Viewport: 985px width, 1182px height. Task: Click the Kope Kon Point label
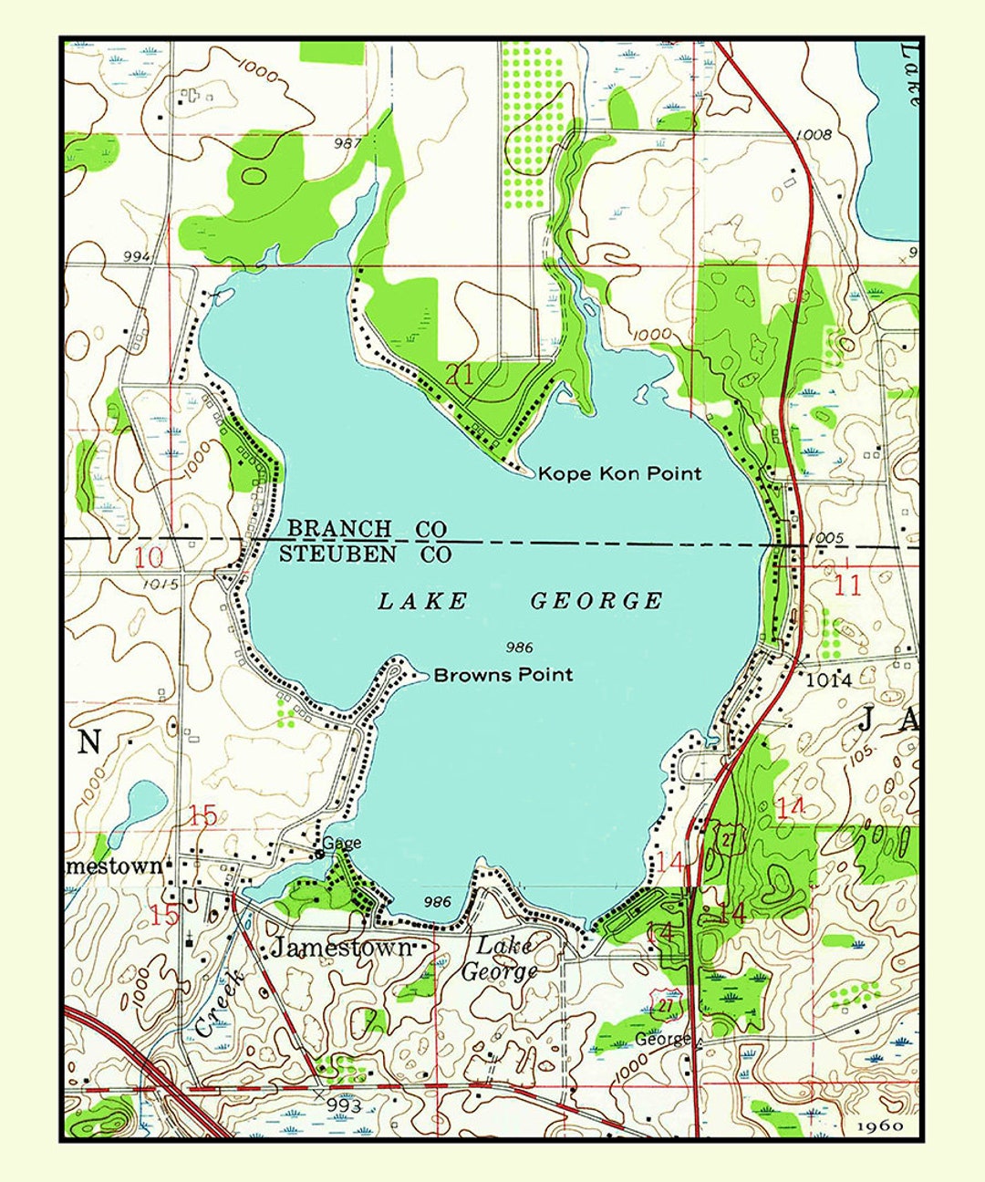point(619,473)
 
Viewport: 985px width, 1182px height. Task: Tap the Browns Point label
point(503,675)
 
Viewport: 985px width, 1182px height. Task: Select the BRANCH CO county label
point(367,529)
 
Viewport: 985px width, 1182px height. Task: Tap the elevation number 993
point(344,1106)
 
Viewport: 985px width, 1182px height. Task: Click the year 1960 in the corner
point(880,1125)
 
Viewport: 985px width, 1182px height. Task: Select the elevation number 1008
point(814,135)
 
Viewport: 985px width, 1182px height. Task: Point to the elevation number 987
point(347,143)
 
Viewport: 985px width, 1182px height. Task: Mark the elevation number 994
point(136,257)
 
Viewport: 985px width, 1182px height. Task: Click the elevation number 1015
point(161,584)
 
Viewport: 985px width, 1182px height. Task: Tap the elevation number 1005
point(825,538)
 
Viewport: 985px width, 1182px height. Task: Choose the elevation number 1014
point(829,679)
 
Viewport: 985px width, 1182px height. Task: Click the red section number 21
point(460,373)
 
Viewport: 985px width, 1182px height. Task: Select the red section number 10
point(150,558)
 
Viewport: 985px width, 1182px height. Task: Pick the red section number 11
point(847,585)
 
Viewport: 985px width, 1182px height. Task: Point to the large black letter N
point(88,742)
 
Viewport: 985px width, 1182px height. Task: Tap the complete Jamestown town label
point(341,948)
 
